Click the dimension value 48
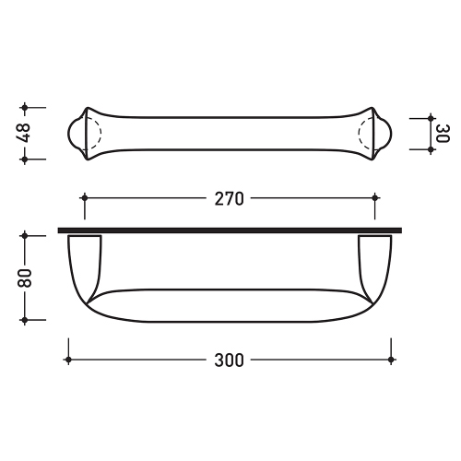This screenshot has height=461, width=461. pos(24,133)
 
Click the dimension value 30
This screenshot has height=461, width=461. pos(440,133)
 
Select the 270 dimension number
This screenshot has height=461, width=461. pos(230,198)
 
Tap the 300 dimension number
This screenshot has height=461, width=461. pos(230,360)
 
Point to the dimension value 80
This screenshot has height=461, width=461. pos(25,277)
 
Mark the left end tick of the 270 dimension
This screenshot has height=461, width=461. pos(84,197)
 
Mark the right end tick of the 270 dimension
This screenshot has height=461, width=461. pos(375,197)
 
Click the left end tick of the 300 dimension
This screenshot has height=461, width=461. pos(68,360)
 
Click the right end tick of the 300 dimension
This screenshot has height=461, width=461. pos(393,360)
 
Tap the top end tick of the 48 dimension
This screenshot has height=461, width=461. pos(27,107)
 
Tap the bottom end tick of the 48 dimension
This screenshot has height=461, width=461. pos(27,159)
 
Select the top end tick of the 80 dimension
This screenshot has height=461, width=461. pos(27,235)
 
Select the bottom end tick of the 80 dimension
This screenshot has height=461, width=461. pos(27,319)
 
